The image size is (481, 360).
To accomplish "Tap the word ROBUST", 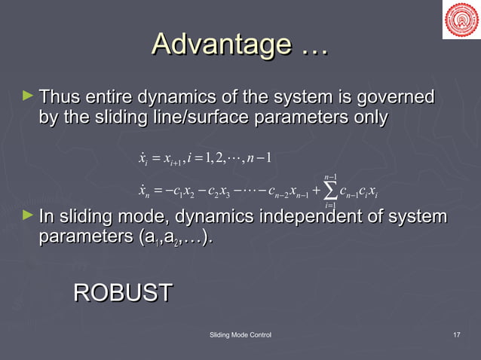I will (123, 293).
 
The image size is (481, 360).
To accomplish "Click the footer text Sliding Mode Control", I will (240, 334).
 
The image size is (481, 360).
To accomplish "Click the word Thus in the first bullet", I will (59, 98).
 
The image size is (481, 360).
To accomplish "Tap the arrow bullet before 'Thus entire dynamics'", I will (29, 96).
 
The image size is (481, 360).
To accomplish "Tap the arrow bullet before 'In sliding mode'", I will (29, 217).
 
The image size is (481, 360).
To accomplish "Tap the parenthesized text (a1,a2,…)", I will (173, 238).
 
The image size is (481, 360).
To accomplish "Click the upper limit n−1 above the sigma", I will (329, 178).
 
